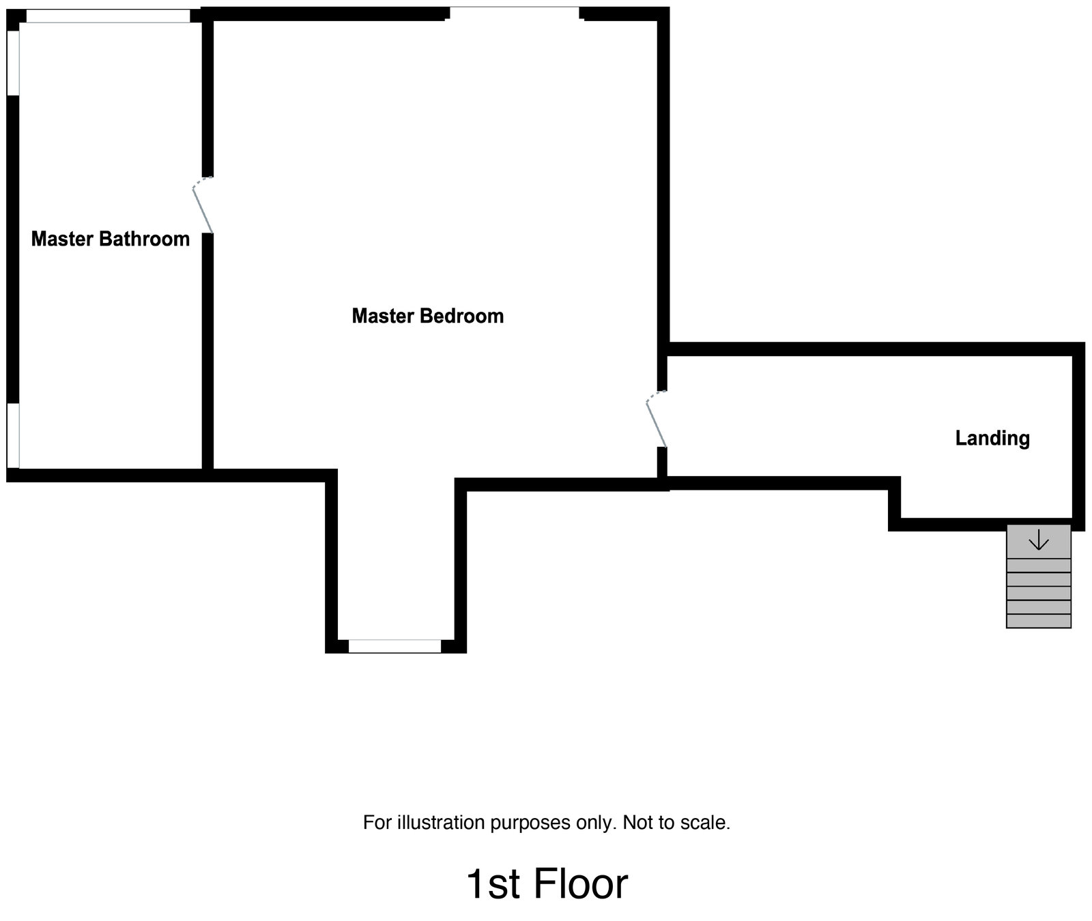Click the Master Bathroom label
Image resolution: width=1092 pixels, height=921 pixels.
pos(111,239)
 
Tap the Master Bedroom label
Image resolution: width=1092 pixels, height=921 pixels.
pos(427,316)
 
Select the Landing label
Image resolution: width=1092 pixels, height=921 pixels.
pos(992,438)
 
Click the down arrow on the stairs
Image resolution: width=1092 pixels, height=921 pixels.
pos(1038,541)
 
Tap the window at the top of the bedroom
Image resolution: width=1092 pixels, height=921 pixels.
pos(515,14)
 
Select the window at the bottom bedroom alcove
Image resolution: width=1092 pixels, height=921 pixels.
pos(394,646)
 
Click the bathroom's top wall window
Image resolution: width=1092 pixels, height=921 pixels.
pos(108,16)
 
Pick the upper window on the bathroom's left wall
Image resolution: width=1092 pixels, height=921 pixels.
pos(13,63)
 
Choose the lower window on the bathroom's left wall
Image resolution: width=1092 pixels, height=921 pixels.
pos(13,435)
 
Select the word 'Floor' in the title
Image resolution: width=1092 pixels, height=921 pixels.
pos(580,884)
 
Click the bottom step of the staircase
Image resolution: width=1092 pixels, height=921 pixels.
pos(1038,621)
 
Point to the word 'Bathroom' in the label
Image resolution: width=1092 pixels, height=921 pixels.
pos(144,239)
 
